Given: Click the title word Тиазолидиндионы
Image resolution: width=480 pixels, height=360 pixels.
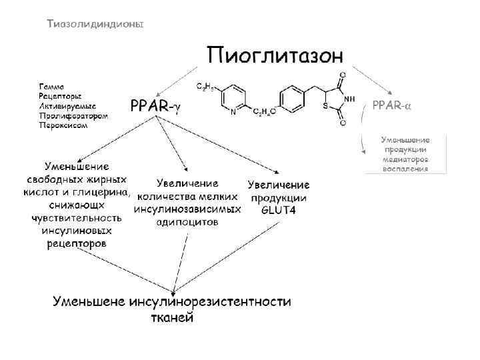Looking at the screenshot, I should [x=95, y=24].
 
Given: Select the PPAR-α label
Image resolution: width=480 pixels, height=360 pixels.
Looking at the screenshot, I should [x=391, y=105].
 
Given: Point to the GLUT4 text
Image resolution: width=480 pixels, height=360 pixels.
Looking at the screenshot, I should [x=279, y=210].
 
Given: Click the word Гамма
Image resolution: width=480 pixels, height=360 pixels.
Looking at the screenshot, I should [x=52, y=87].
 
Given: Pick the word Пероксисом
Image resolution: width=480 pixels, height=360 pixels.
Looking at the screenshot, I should [x=63, y=125].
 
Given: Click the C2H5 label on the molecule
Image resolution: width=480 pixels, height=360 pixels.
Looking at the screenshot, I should [x=205, y=87].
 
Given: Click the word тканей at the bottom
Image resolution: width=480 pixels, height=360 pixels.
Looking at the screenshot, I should [x=171, y=317].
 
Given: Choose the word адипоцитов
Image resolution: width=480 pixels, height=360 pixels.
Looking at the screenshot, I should [x=187, y=223].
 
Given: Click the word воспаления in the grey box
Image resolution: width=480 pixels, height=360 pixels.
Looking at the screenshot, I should [x=405, y=169].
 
